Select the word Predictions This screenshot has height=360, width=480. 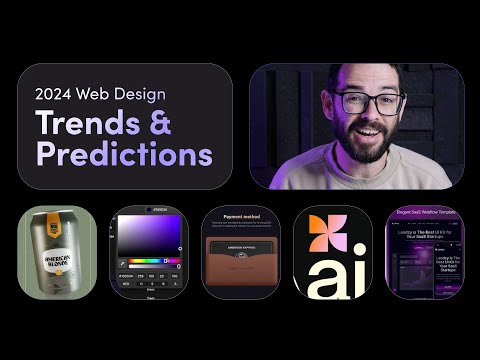(x=124, y=154)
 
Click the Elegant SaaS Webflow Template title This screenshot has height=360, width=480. (x=425, y=214)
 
